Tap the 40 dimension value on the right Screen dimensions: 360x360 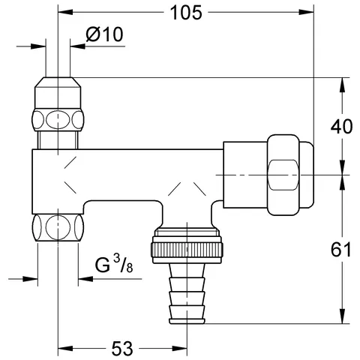pyautogui.click(x=342, y=126)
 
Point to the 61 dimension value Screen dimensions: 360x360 pyautogui.click(x=342, y=250)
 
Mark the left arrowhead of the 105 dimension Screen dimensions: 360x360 pyautogui.click(x=61, y=13)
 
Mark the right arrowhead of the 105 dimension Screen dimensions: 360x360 pyautogui.click(x=310, y=13)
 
